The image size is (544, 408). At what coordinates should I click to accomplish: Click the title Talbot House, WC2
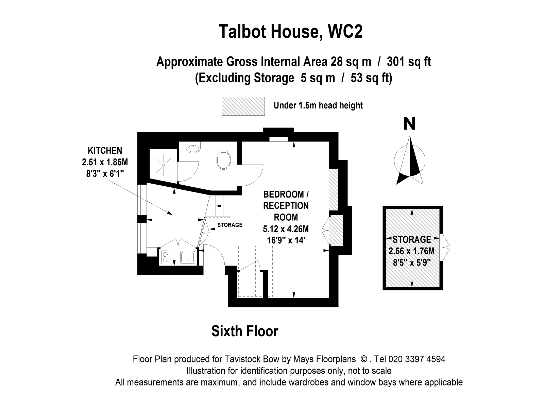(291, 32)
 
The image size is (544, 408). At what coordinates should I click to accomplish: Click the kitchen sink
(188, 257)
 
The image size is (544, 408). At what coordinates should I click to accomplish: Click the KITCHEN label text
(105, 151)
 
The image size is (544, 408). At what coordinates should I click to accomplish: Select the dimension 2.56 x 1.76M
(412, 251)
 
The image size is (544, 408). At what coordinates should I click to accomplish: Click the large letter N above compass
(409, 124)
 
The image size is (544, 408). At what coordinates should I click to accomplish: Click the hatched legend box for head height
(243, 106)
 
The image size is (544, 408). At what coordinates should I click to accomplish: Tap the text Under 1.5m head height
(318, 106)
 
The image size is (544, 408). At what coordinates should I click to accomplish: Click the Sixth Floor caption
(245, 331)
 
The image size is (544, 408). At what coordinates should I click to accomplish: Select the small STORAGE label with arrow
(230, 225)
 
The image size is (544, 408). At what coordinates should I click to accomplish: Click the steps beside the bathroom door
(223, 205)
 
